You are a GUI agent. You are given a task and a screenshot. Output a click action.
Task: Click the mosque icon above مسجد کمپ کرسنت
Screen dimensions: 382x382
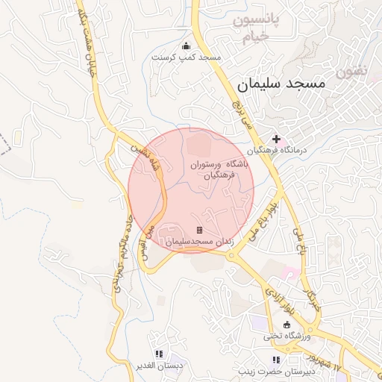[x=186, y=46]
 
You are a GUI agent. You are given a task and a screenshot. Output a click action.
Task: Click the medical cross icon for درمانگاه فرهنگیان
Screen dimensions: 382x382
[x=276, y=139]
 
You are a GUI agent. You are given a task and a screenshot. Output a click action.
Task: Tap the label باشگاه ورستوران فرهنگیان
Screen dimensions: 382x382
[x=213, y=169]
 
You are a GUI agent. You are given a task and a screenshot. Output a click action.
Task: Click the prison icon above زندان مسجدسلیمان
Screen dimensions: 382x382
[x=198, y=231]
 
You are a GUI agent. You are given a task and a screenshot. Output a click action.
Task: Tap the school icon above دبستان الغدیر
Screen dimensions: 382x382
[x=158, y=354]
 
